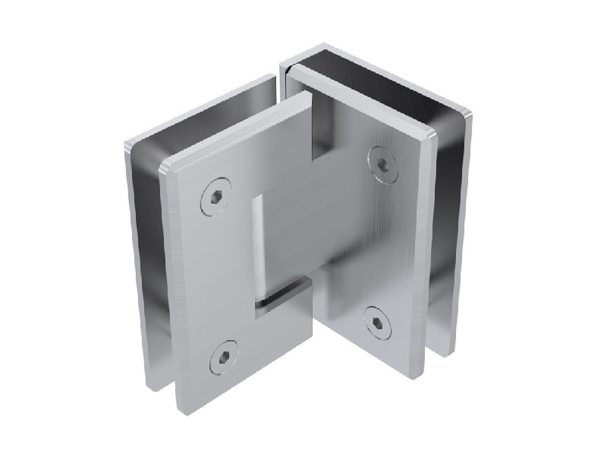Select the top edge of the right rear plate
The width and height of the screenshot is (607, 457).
pyautogui.click(x=379, y=59)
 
